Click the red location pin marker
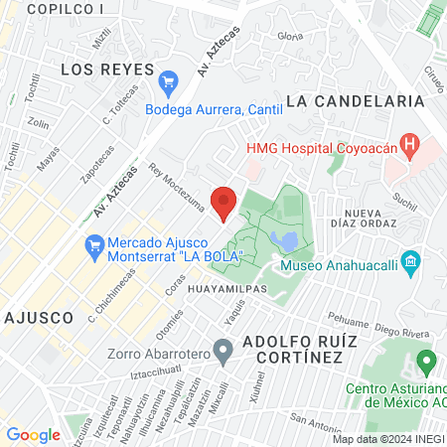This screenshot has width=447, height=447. (x=223, y=202)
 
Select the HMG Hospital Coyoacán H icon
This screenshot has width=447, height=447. (x=407, y=144)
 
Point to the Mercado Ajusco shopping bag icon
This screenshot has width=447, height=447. (x=94, y=243)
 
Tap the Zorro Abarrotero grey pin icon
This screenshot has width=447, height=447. (x=224, y=350)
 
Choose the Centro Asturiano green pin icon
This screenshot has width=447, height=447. (x=426, y=361)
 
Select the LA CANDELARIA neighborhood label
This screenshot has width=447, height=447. (x=355, y=100)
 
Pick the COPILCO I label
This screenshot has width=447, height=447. (x=66, y=9)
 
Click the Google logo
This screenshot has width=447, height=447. (x=33, y=434)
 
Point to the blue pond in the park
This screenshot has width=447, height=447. (x=285, y=241)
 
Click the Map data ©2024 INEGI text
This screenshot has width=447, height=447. (x=388, y=439)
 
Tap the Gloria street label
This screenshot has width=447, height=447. (x=290, y=36)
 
